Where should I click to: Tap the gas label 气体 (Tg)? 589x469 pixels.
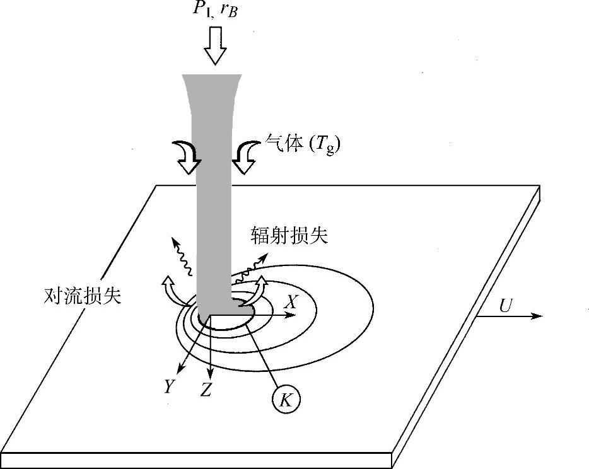click(x=302, y=145)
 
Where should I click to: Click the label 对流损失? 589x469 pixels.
click(x=83, y=294)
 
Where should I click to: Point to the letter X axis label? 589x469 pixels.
click(x=290, y=302)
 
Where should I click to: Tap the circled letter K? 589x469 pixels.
click(x=286, y=399)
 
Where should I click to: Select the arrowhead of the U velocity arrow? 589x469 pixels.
click(x=537, y=315)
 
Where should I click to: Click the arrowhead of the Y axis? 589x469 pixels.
click(x=180, y=370)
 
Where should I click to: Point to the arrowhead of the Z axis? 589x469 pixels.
click(x=211, y=372)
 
